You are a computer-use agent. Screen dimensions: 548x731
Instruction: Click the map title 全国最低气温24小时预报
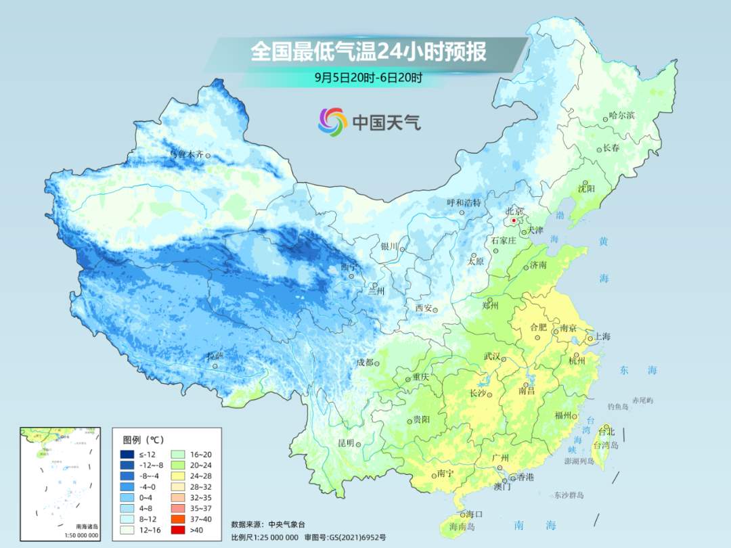pos(368,52)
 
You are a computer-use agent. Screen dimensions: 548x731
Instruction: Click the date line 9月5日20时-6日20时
pos(368,77)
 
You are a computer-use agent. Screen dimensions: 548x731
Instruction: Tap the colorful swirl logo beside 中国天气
pos(332,122)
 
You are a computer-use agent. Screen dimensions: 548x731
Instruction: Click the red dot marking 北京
pos(514,221)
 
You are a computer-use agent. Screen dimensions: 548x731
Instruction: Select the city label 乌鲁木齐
pos(185,154)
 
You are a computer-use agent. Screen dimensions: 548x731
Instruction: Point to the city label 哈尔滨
pos(622,116)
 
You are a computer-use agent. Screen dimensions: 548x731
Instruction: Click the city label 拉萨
pos(215,356)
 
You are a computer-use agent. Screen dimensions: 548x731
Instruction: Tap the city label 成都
pos(365,362)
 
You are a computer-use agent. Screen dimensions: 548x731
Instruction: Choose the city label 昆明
pos(345,442)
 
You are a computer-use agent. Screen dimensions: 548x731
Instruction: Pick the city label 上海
pos(602,337)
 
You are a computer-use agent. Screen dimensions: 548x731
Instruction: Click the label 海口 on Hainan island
pos(474,515)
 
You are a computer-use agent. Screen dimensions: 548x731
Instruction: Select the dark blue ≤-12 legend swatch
pos(128,454)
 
